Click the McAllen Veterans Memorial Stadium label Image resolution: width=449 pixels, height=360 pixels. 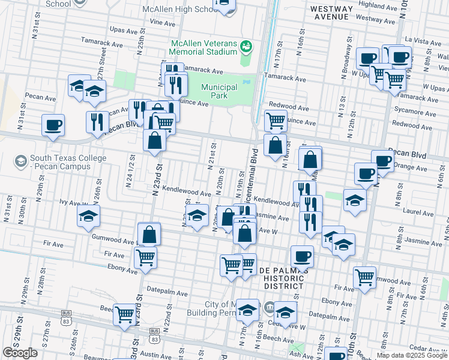tap(204, 48)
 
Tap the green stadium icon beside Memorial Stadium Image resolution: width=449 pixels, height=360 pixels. tap(246, 46)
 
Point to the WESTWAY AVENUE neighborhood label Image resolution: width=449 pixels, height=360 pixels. tap(330, 13)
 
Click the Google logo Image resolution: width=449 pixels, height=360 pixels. tap(20, 353)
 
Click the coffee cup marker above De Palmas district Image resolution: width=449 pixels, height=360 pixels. tap(302, 256)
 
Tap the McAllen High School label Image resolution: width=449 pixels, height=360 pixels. tap(180, 10)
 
